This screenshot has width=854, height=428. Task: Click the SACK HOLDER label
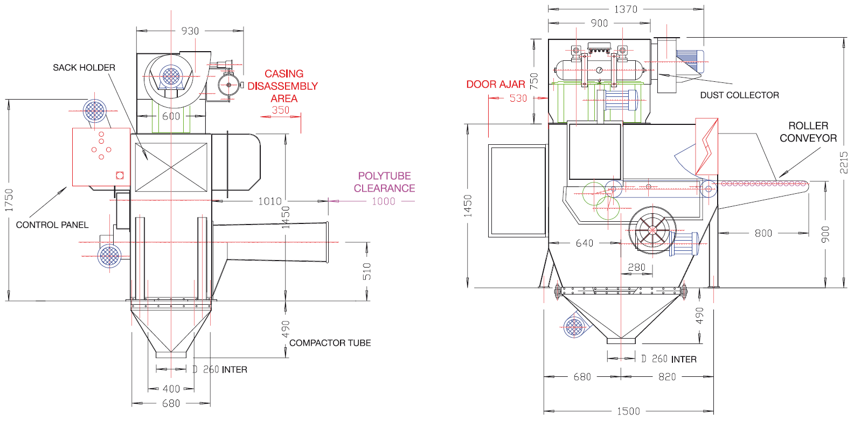click(x=84, y=68)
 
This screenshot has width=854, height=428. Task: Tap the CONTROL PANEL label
click(x=52, y=225)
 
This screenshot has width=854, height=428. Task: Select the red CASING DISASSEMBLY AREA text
click(x=283, y=86)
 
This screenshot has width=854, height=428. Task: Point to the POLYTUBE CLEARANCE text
click(x=384, y=182)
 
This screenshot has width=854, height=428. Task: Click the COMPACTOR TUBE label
click(x=330, y=343)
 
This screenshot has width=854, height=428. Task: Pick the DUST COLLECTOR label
click(x=740, y=95)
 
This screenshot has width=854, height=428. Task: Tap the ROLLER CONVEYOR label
click(x=808, y=132)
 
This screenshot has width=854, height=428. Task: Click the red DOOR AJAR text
click(x=496, y=84)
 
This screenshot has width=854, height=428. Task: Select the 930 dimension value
click(x=190, y=31)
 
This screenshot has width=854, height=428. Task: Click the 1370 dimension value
click(x=626, y=9)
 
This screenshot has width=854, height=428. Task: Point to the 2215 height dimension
click(x=844, y=163)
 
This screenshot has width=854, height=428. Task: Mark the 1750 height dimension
click(x=9, y=200)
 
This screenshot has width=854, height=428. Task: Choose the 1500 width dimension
click(x=628, y=411)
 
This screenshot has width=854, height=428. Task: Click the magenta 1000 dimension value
click(x=384, y=201)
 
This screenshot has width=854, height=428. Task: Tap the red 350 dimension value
click(x=281, y=110)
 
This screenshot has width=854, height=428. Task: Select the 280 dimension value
click(x=636, y=268)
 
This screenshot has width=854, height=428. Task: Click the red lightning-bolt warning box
click(x=707, y=146)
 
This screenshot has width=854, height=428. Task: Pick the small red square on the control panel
click(x=120, y=176)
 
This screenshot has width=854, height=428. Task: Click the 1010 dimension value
click(x=270, y=201)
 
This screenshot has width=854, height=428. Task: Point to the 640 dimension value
click(x=585, y=243)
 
